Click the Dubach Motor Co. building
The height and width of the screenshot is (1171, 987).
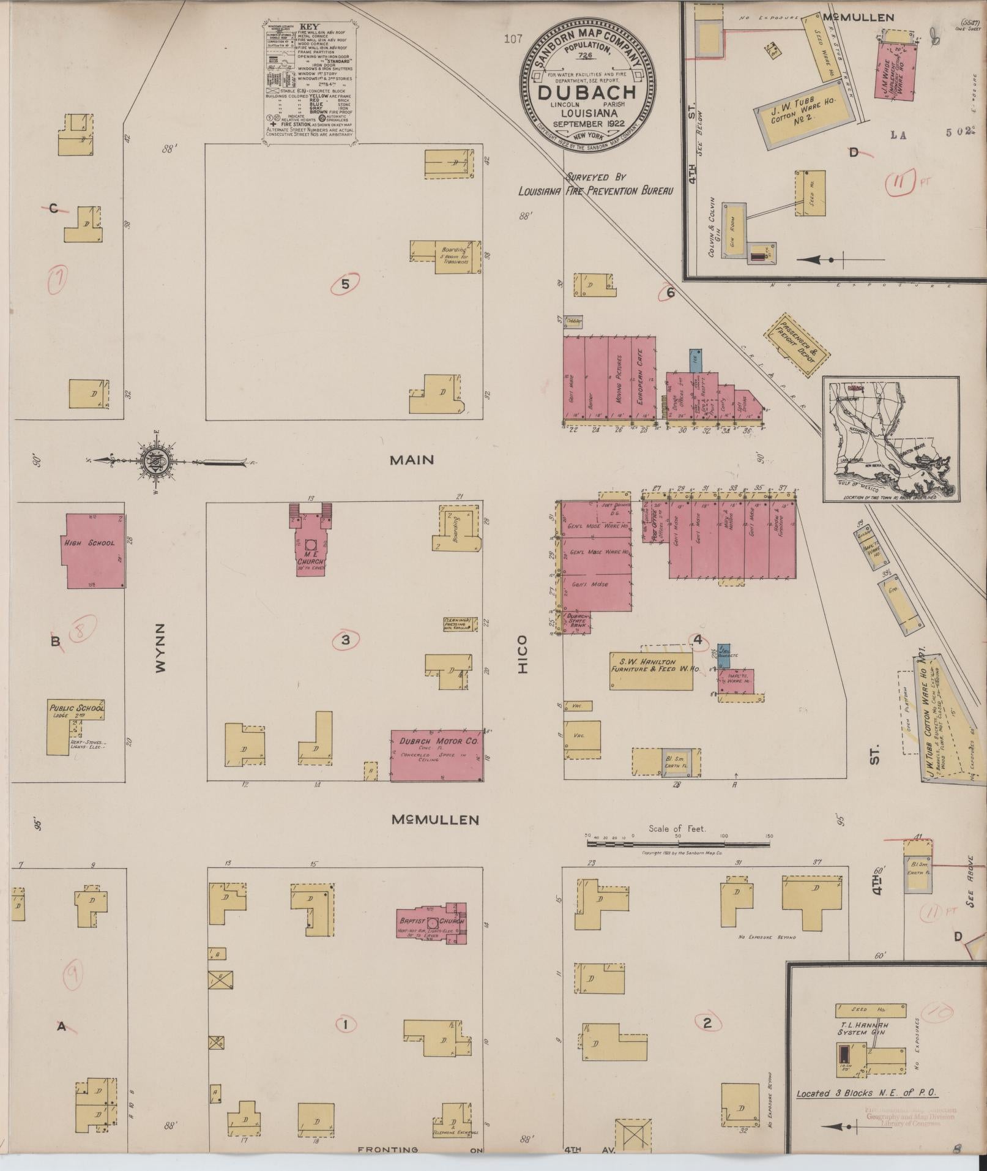point(437,755)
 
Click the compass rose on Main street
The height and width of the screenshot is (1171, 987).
point(153,460)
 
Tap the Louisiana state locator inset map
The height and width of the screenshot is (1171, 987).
point(890,440)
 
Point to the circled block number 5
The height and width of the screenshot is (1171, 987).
point(346,284)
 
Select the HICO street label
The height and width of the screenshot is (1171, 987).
point(522,654)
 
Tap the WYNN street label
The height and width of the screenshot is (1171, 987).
point(160,649)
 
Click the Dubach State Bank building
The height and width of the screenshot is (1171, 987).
point(577,621)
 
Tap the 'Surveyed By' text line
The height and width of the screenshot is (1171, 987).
point(595,177)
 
